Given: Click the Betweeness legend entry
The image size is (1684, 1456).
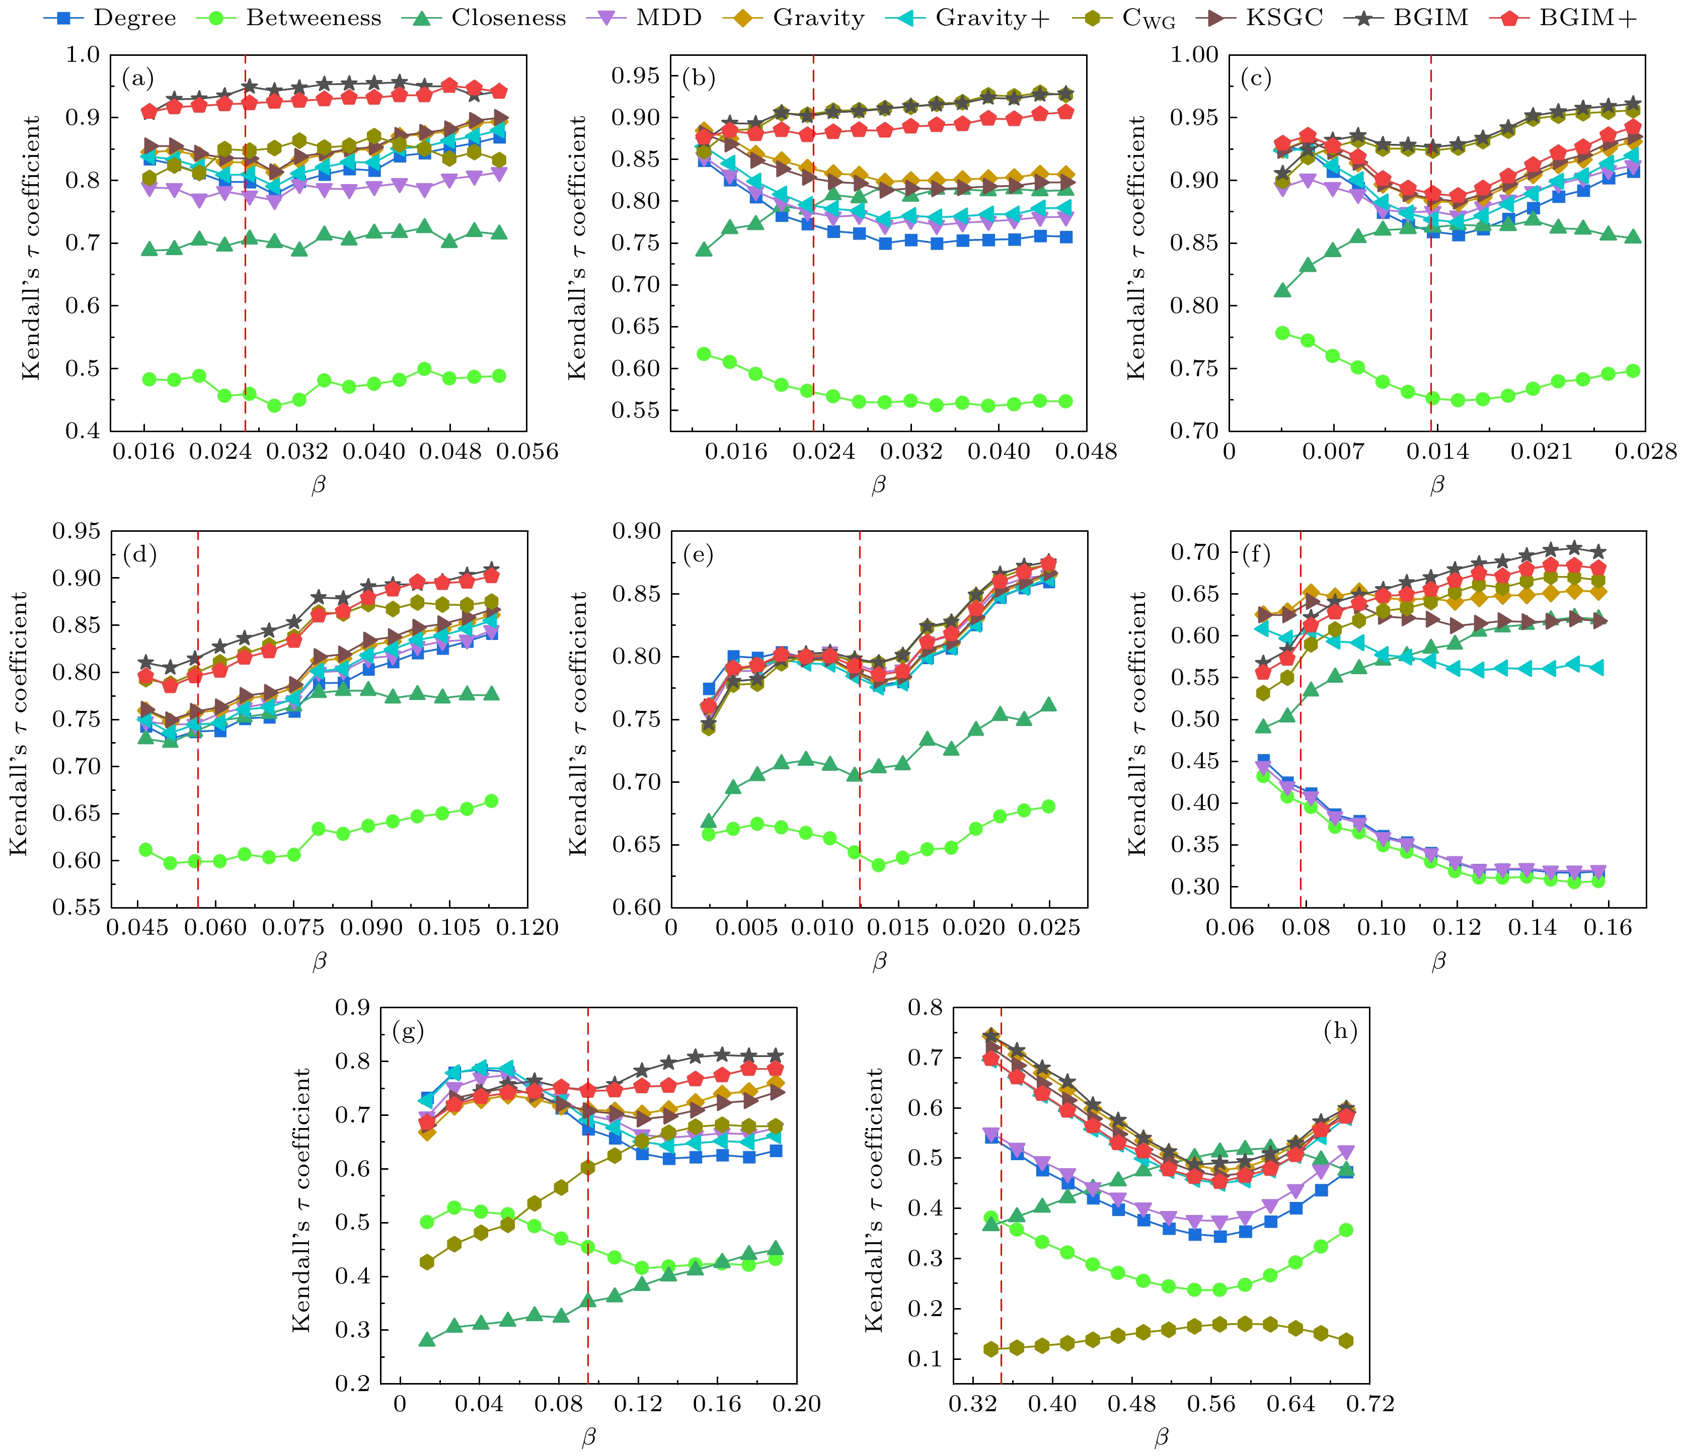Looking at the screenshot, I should (313, 19).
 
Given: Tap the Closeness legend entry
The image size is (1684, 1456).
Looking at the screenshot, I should (508, 19).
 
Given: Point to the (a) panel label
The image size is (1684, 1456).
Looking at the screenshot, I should (137, 79).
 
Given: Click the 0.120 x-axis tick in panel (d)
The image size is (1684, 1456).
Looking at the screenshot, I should (529, 928).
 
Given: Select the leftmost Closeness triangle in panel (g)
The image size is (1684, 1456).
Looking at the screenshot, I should (427, 1339).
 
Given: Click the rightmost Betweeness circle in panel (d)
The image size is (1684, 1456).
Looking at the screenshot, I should (491, 801).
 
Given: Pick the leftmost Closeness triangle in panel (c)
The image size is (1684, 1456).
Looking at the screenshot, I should (1282, 290).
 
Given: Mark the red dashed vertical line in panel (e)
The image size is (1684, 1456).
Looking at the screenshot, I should (860, 731).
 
